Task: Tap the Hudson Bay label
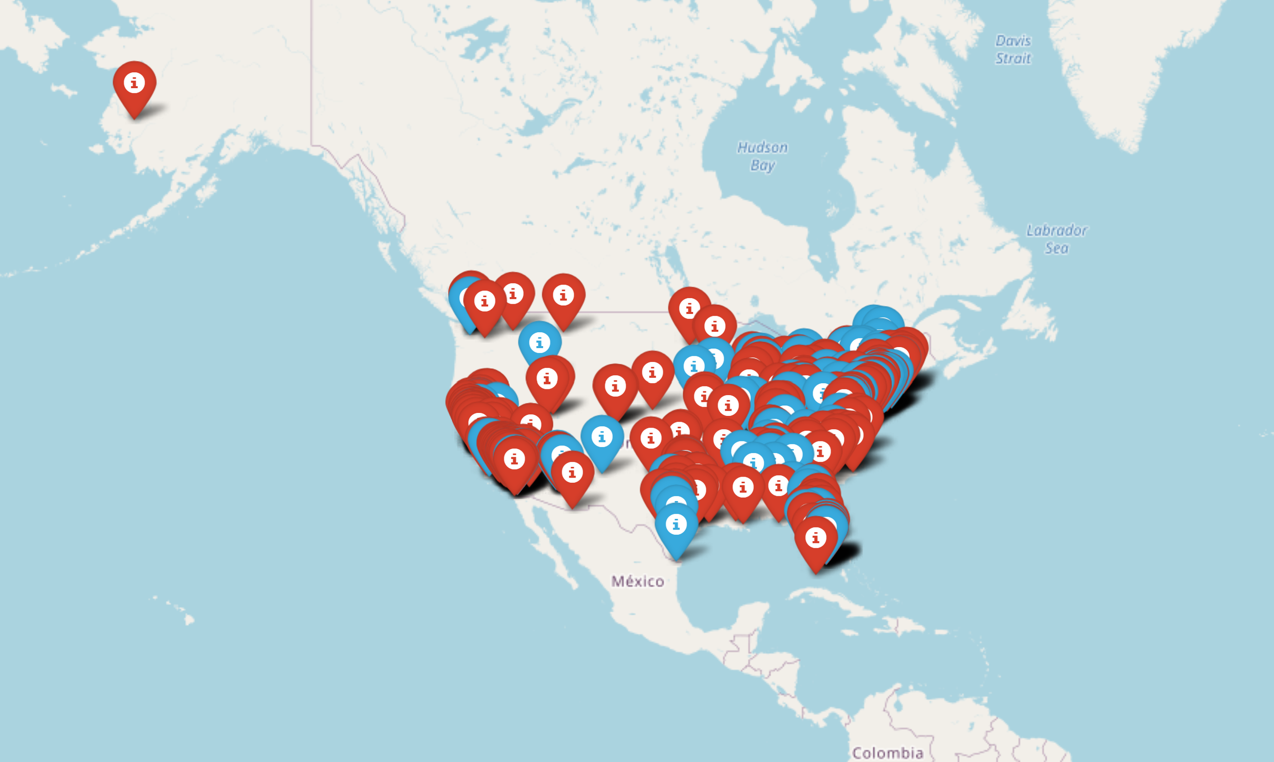pyautogui.click(x=762, y=156)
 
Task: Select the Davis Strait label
pyautogui.click(x=1013, y=49)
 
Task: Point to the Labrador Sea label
pyautogui.click(x=1056, y=239)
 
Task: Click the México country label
pyautogui.click(x=638, y=581)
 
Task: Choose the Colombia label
pyautogui.click(x=888, y=753)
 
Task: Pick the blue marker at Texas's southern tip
pyautogui.click(x=676, y=527)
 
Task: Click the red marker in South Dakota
pyautogui.click(x=652, y=374)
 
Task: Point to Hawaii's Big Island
pyautogui.click(x=190, y=620)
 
